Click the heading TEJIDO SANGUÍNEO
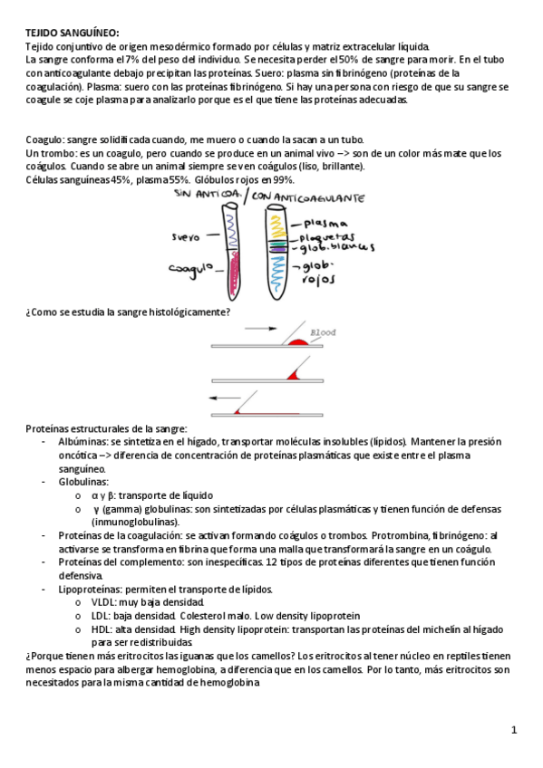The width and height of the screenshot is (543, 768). point(73,34)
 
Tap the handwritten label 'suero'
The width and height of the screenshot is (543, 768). point(186,237)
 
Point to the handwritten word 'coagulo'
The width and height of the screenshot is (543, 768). point(191,270)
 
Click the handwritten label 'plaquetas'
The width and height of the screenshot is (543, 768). point(327,237)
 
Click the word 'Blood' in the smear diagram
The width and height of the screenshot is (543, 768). point(323,332)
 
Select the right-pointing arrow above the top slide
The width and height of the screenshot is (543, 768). point(261,329)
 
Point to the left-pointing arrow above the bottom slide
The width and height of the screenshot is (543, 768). point(225,398)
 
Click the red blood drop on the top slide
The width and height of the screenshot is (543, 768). point(298,341)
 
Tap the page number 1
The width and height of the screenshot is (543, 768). point(514,730)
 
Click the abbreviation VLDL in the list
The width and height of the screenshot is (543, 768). point(103,602)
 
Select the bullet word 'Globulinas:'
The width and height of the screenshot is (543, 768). point(83,482)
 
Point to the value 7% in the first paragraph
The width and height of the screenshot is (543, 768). point(132,60)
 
